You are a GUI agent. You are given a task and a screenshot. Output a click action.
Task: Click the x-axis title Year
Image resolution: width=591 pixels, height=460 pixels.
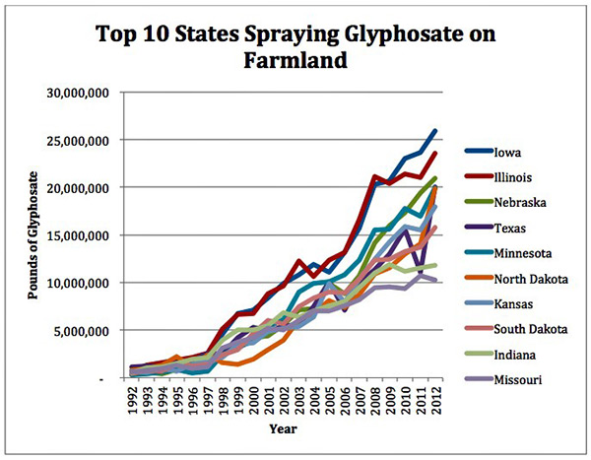[x=283, y=431]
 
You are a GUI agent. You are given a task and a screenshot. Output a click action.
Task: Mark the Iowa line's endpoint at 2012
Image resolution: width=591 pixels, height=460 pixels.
[x=435, y=130]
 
